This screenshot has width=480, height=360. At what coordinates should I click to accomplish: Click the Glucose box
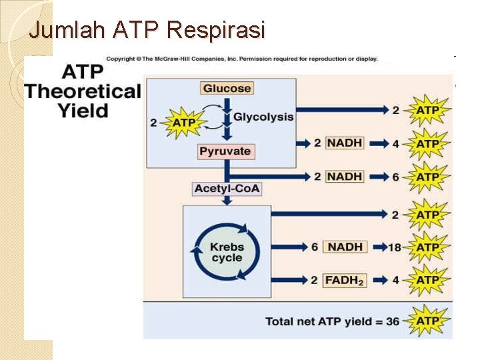[x=227, y=88]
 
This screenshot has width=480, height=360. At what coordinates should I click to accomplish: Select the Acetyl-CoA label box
[x=227, y=189]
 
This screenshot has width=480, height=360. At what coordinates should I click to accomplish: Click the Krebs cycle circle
[x=227, y=251]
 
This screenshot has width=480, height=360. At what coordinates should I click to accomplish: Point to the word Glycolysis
[x=263, y=117]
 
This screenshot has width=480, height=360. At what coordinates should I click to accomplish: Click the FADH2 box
[x=344, y=280]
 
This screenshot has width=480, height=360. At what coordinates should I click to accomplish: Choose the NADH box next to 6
[x=345, y=247]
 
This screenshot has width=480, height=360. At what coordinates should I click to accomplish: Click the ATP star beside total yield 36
[x=427, y=321]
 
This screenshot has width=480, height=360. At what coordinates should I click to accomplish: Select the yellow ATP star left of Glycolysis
[x=182, y=123]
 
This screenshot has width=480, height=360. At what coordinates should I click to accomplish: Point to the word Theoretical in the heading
[x=83, y=91]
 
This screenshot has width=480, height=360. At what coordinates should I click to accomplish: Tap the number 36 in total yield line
[x=392, y=321]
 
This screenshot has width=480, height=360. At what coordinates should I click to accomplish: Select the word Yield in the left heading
[x=83, y=110]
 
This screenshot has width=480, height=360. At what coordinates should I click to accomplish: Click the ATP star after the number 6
[x=427, y=177]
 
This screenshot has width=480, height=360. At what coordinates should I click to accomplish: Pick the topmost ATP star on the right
[x=427, y=109]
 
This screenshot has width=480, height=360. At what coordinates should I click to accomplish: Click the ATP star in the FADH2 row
[x=427, y=280]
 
